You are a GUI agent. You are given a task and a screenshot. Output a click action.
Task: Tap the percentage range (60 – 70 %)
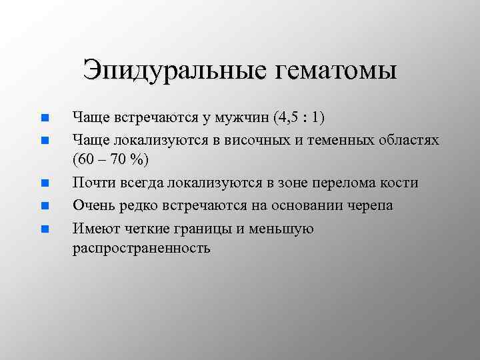click(x=111, y=161)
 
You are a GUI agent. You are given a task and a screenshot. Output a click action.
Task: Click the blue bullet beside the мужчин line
click(x=44, y=119)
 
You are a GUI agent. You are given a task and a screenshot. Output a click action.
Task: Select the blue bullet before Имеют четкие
click(x=44, y=229)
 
